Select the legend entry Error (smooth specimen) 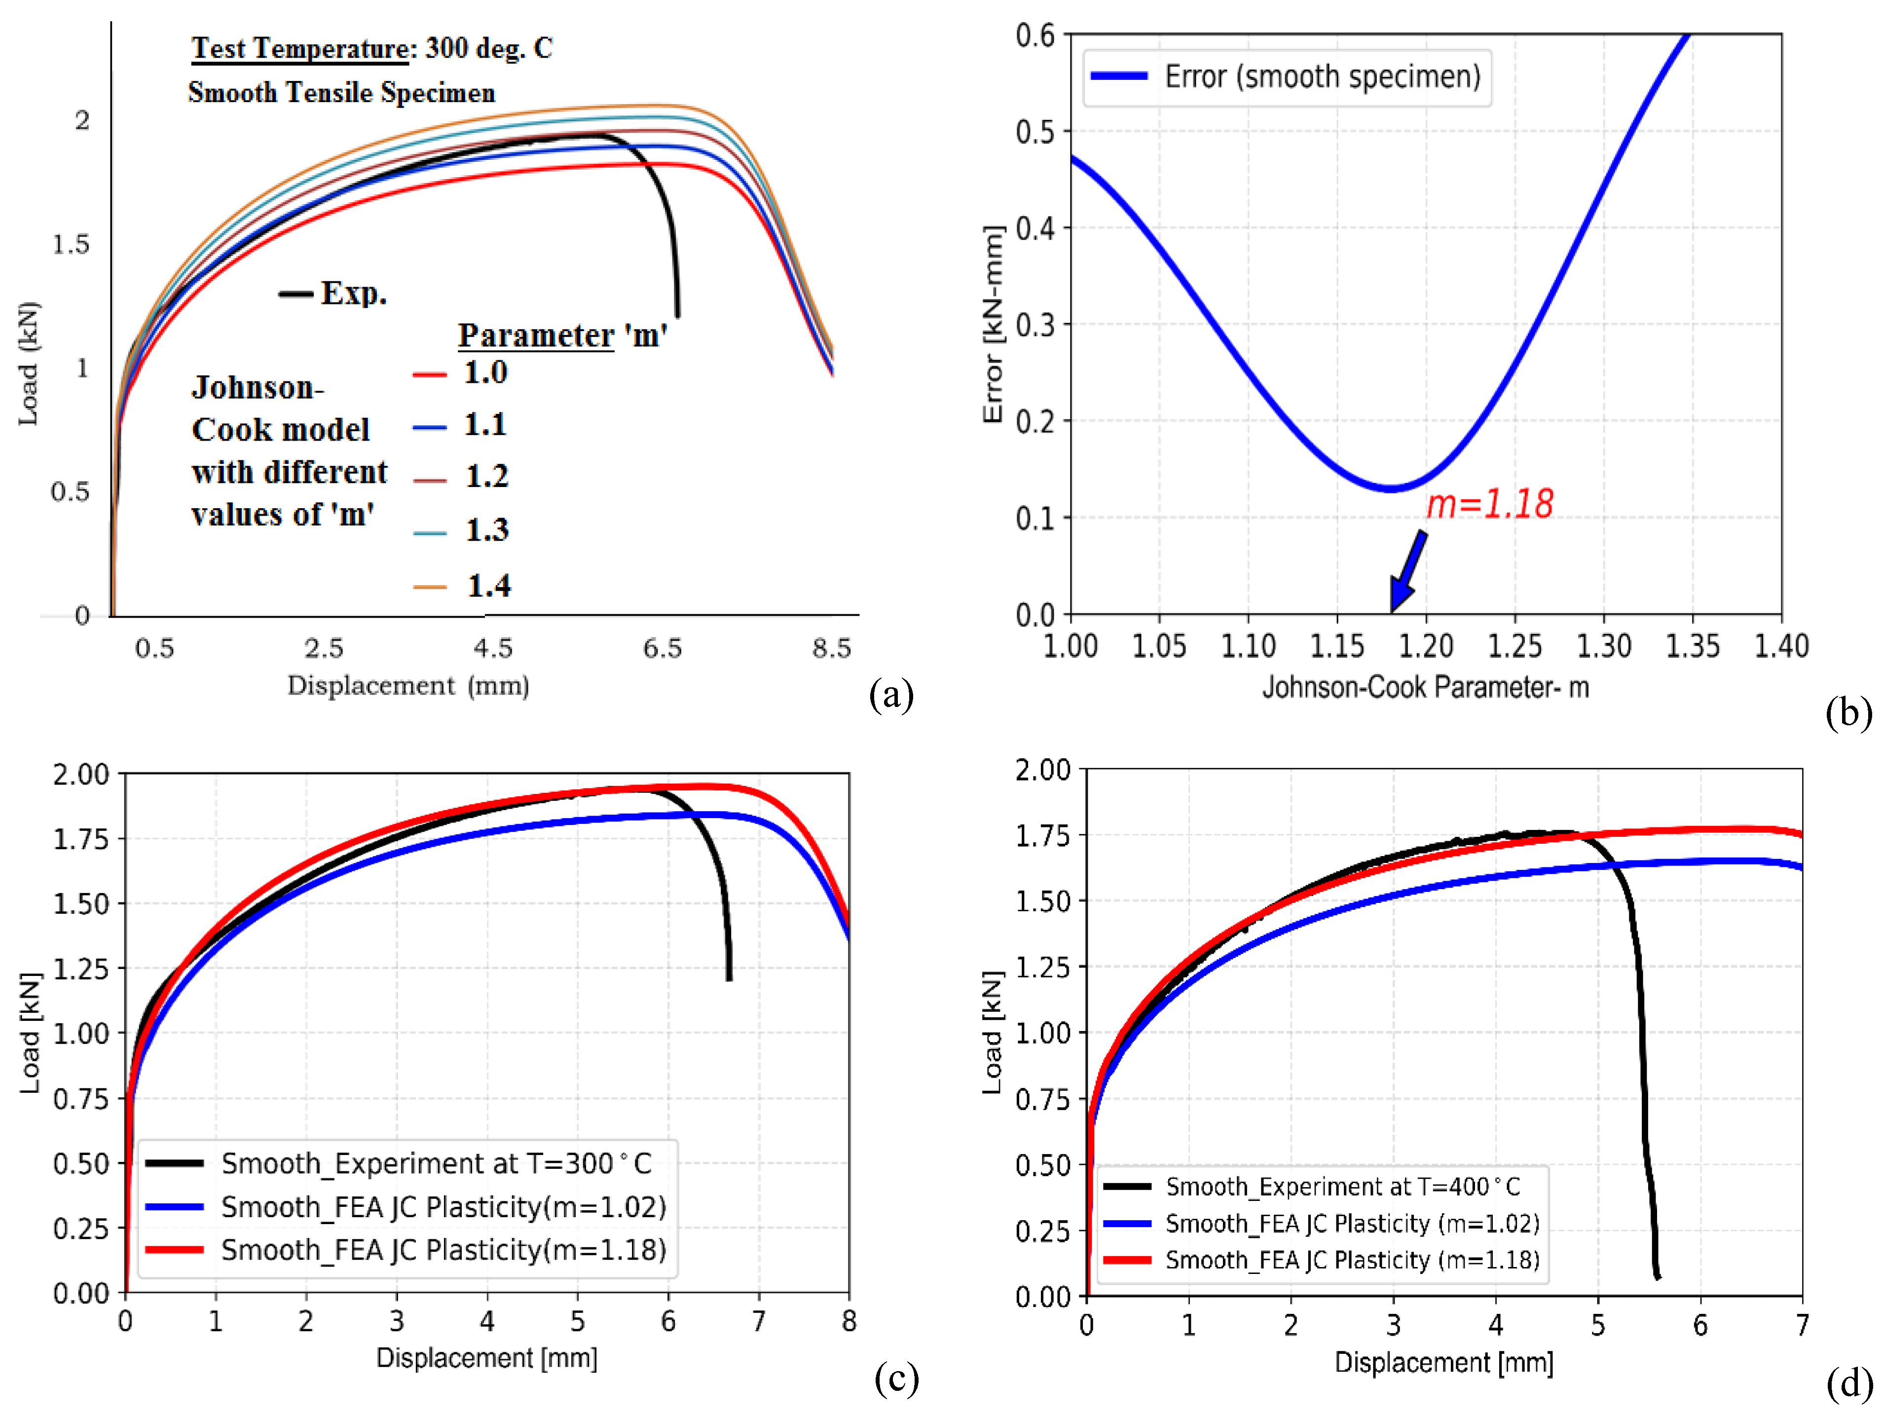[1322, 76]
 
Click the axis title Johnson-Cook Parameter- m [1425, 686]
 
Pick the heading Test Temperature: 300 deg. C [371, 48]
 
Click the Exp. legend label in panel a [353, 294]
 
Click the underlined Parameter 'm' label [562, 336]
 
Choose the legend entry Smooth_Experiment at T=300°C [435, 1163]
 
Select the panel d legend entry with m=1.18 [1352, 1260]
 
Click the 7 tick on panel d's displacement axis [1802, 1325]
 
